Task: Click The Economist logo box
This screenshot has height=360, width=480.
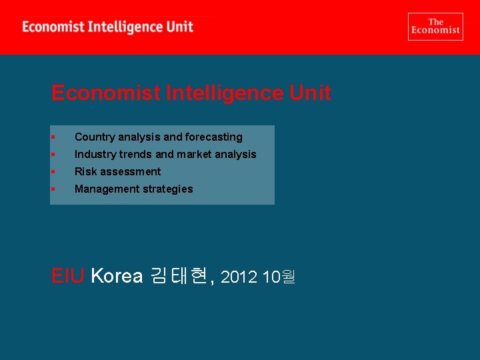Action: pyautogui.click(x=435, y=27)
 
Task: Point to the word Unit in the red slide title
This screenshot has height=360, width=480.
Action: pyautogui.click(x=310, y=93)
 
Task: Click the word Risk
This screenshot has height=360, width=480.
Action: pyautogui.click(x=85, y=171)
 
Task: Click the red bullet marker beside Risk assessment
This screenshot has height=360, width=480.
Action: pyautogui.click(x=53, y=172)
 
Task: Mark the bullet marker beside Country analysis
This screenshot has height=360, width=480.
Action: pyautogui.click(x=53, y=137)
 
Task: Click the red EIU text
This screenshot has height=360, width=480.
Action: pyautogui.click(x=68, y=275)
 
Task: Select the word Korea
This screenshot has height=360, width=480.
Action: pyautogui.click(x=117, y=275)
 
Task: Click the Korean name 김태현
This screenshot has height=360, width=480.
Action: pyautogui.click(x=179, y=275)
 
